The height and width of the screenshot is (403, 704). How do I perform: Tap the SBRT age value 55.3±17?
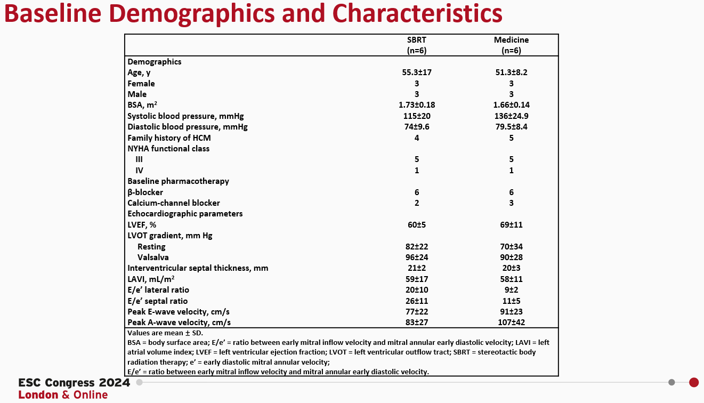click(417, 72)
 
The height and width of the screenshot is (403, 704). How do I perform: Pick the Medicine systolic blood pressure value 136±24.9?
click(511, 116)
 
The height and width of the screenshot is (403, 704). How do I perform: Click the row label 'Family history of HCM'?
click(169, 138)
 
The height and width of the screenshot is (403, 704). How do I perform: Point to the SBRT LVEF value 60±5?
click(417, 225)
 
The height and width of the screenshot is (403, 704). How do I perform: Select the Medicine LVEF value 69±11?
click(511, 225)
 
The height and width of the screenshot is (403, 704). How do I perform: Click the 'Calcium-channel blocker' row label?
click(174, 203)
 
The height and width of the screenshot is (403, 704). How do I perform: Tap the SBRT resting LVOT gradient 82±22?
click(417, 247)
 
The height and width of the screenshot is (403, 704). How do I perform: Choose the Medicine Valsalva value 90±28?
click(511, 257)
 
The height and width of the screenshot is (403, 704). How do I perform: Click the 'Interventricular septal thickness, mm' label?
click(198, 268)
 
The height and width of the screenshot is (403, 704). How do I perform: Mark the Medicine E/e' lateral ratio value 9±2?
click(511, 290)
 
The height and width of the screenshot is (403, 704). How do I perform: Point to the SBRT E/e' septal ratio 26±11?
click(417, 301)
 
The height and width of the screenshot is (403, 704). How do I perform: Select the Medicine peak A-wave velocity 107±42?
click(511, 323)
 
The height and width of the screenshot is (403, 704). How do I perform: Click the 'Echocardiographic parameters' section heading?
click(185, 214)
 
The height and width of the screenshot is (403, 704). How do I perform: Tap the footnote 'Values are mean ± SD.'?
click(158, 333)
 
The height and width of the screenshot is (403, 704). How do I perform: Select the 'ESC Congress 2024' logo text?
click(74, 383)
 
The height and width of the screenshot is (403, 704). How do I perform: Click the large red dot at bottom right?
click(694, 382)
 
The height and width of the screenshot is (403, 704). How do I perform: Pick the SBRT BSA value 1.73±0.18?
click(417, 105)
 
